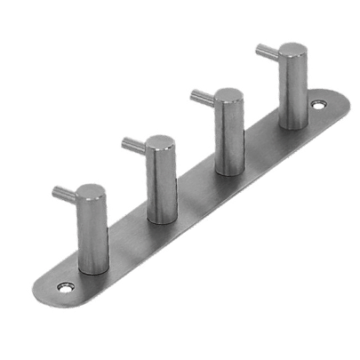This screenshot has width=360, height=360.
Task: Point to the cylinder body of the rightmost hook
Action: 293,89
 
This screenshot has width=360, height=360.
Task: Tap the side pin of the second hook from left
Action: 133,144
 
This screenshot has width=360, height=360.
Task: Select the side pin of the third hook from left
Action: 202,96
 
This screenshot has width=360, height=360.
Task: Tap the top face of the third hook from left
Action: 228,95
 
